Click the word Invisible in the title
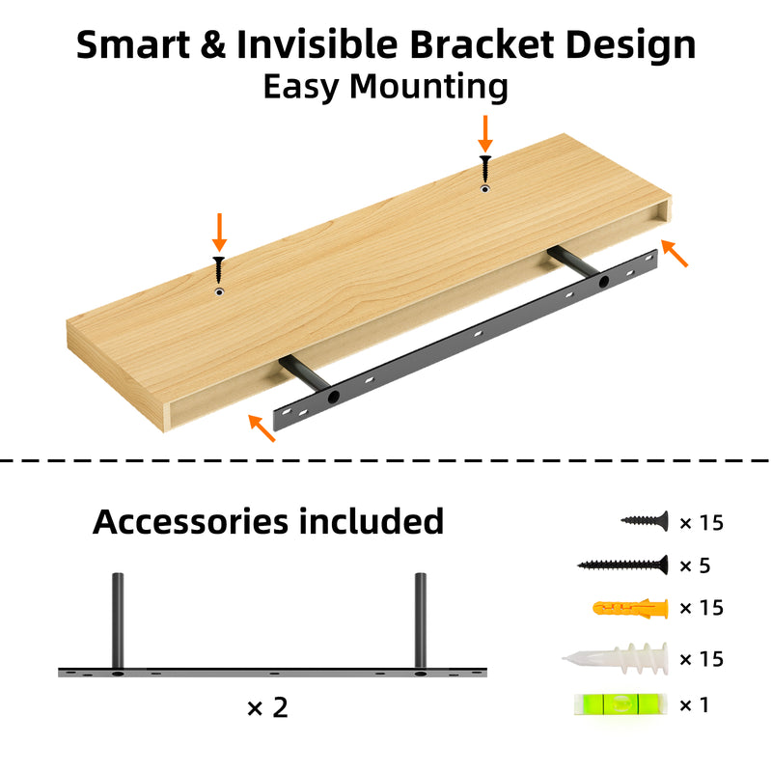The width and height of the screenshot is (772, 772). pos(317,44)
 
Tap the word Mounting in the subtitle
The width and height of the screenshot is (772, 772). pos(428,87)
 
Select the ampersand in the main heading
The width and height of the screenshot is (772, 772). pos(213,44)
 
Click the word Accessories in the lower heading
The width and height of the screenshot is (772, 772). pos(190,521)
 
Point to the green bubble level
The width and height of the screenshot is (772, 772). pos(620,704)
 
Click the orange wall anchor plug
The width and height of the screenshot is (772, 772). pos(631,609)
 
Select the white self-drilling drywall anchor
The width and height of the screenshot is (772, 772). pos(616,658)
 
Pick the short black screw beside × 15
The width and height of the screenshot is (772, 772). pos(645,520)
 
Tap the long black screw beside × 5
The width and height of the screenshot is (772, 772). pos(622,565)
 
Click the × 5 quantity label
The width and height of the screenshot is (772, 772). pos(695,565)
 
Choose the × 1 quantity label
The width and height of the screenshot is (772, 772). pos(694,705)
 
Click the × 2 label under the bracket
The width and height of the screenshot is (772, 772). pos(267,707)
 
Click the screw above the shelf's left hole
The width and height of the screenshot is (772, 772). pos(219,270)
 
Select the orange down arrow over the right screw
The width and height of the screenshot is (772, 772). pos(485,134)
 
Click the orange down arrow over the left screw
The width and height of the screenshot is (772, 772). pos(219,233)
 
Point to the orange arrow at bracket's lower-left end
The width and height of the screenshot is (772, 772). pos(262,427)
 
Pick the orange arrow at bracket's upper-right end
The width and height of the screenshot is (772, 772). pos(674,253)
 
